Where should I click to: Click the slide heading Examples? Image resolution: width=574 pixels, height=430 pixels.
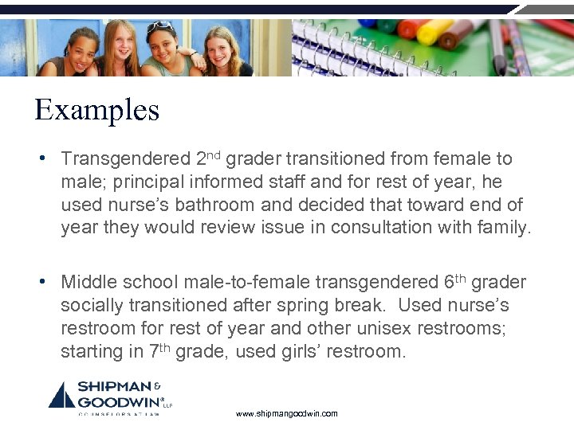pos(96,109)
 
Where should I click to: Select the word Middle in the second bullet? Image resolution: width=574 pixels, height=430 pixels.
pos(85,283)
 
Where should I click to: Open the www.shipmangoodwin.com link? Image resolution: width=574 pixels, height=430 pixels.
pos(287,414)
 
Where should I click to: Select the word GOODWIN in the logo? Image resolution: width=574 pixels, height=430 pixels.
pos(116,401)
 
